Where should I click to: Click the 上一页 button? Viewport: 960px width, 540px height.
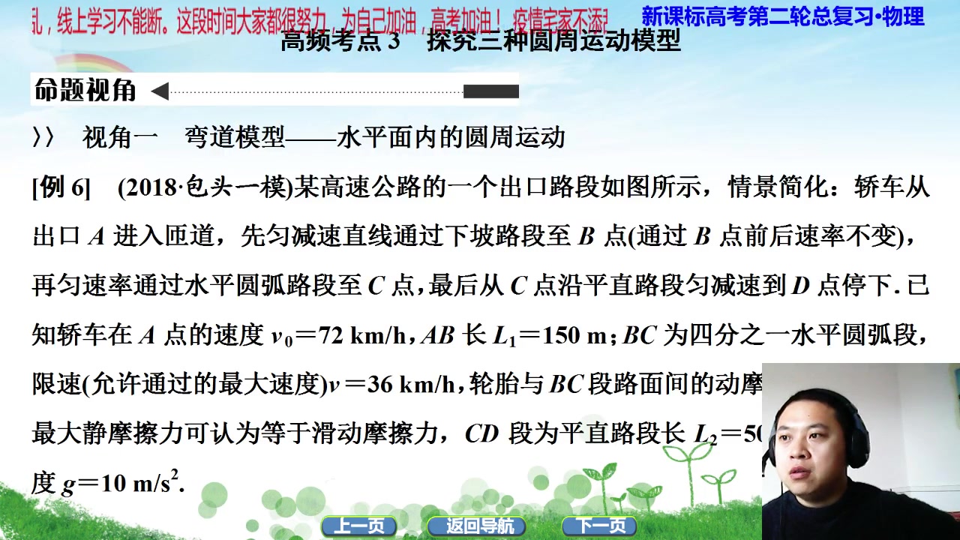pyautogui.click(x=358, y=526)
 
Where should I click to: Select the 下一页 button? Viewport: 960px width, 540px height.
pyautogui.click(x=600, y=526)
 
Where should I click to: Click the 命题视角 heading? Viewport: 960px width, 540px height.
pyautogui.click(x=85, y=91)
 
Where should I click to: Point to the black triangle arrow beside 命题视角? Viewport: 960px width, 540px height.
pyautogui.click(x=159, y=91)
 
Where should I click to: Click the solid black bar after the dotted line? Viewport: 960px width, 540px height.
pyautogui.click(x=490, y=91)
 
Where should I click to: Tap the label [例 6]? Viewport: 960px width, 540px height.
pyautogui.click(x=61, y=187)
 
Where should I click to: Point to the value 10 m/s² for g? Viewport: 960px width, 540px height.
pyautogui.click(x=142, y=483)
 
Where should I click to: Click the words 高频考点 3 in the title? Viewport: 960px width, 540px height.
pyautogui.click(x=340, y=40)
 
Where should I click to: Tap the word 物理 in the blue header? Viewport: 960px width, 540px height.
pyautogui.click(x=903, y=16)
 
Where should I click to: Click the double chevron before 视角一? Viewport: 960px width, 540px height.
pyautogui.click(x=43, y=138)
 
